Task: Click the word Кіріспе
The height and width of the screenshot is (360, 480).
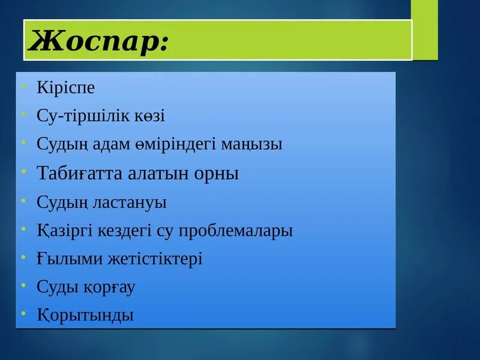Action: pos(66,88)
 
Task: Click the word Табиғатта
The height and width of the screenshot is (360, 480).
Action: pos(80,173)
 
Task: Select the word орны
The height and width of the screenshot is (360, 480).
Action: pos(217,174)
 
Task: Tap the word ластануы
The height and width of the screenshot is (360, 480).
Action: pos(129,202)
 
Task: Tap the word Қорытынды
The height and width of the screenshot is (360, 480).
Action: pos(85,316)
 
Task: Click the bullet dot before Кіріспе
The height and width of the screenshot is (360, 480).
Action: pos(22,86)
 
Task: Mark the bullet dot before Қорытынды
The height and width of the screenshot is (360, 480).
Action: pos(22,314)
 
